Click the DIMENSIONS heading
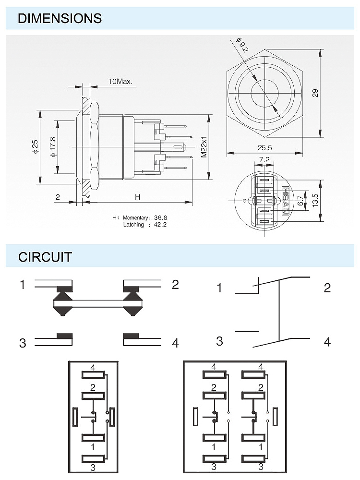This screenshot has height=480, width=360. (x=60, y=19)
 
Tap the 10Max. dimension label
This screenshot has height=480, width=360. (x=120, y=82)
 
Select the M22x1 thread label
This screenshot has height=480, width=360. (x=204, y=147)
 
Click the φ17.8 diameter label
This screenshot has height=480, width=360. (x=52, y=146)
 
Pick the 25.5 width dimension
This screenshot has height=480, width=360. (x=264, y=148)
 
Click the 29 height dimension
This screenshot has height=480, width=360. (x=315, y=93)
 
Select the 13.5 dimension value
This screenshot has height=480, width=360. (x=315, y=199)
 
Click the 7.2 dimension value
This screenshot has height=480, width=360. (x=264, y=160)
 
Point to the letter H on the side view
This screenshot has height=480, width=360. (x=137, y=197)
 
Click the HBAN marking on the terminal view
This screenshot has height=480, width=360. (x=286, y=201)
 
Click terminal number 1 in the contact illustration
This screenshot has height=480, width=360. (x=22, y=285)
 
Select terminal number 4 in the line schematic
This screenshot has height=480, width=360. (x=327, y=342)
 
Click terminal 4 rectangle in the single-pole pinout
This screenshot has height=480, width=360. (x=93, y=375)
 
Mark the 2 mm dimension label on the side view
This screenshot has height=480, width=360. (x=58, y=197)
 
